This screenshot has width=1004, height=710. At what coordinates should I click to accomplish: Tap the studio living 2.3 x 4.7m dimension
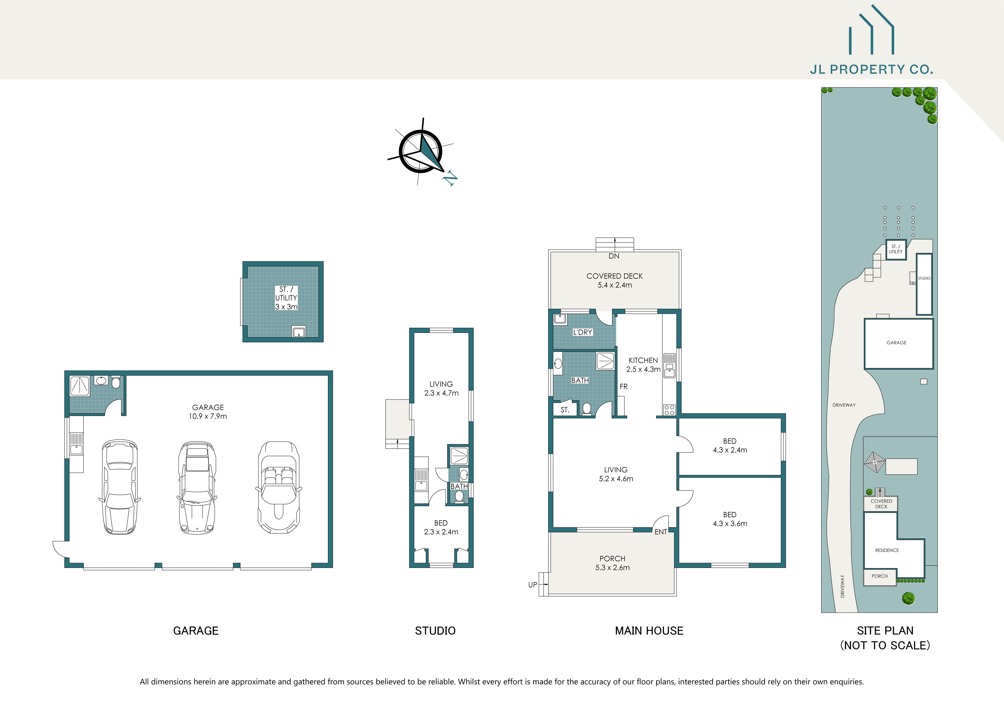click(441, 393)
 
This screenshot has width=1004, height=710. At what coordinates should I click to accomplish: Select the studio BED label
click(441, 523)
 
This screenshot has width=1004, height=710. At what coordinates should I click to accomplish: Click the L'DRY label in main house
click(582, 332)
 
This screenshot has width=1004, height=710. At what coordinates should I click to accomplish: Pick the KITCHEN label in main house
click(643, 360)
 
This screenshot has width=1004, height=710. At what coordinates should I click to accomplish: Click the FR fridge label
click(623, 387)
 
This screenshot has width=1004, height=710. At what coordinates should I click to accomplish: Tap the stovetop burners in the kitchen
click(669, 410)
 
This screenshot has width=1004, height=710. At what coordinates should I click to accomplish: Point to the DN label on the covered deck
click(614, 256)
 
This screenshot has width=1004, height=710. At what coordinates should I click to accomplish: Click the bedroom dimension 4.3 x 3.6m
click(730, 523)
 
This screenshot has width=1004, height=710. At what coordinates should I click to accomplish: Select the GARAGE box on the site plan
click(898, 343)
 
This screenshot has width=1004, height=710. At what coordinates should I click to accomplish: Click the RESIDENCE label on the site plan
click(887, 551)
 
